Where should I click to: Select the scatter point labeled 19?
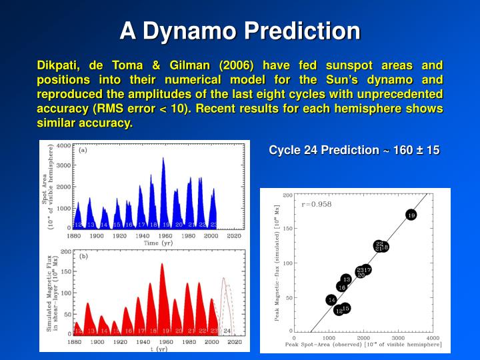point(411,215)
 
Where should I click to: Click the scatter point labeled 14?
point(331,300)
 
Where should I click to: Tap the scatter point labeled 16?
point(341,287)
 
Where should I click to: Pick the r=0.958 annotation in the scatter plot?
point(317,204)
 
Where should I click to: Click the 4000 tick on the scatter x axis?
point(432,338)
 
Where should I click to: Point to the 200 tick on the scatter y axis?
point(287,195)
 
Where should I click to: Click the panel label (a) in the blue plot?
point(83,150)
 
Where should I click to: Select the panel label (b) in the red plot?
point(83,256)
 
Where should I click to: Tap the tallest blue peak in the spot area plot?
point(163,159)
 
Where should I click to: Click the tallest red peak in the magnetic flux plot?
point(162,264)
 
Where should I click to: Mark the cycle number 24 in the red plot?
point(227,331)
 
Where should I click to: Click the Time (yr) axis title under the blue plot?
point(158,243)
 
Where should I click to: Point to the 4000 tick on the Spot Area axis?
point(64,145)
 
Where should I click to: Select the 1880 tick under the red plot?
point(75,341)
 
